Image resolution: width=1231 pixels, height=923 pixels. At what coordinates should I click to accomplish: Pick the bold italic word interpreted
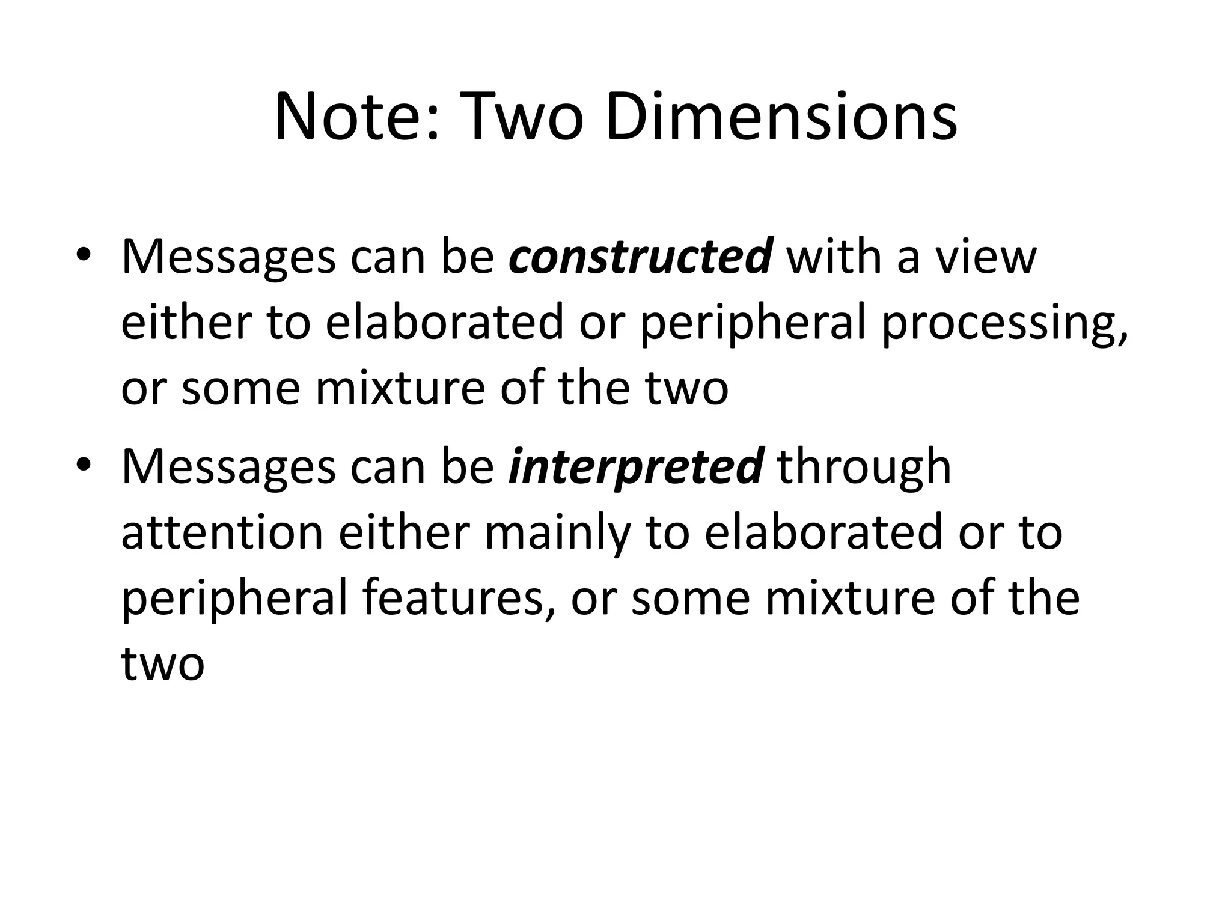636,467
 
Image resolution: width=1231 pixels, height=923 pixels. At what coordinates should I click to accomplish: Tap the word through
864,467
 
